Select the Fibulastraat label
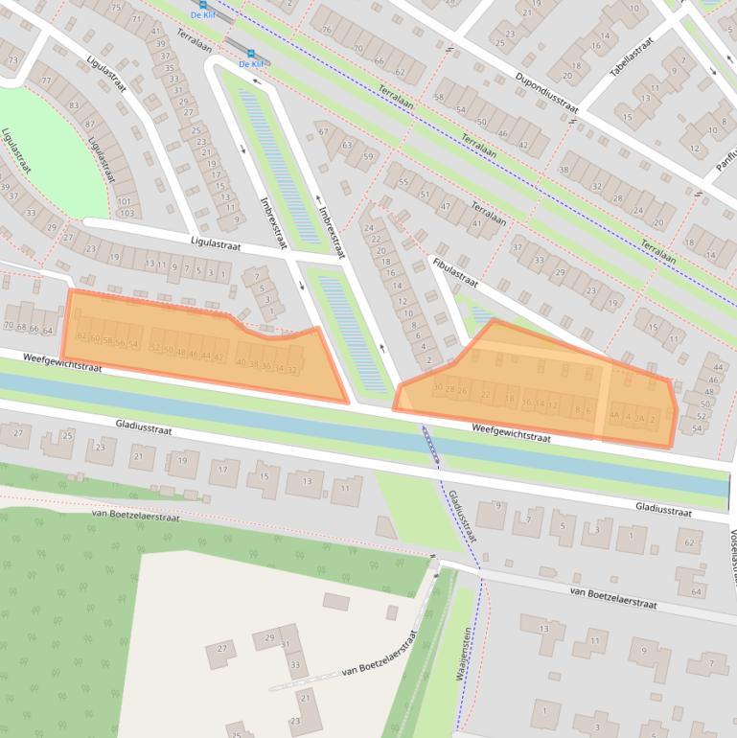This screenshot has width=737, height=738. tap(454, 269)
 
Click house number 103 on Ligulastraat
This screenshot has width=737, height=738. tap(127, 213)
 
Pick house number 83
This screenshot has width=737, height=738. tap(74, 104)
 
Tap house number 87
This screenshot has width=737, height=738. tap(89, 125)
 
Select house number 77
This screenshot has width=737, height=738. tap(45, 81)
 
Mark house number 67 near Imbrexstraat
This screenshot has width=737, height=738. tap(323, 131)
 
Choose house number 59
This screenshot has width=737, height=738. tap(367, 157)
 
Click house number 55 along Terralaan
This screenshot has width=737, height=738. tap(403, 182)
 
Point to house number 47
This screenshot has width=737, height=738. tap(445, 206)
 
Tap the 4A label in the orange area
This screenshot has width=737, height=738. tap(613, 415)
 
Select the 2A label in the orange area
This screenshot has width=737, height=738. tap(639, 418)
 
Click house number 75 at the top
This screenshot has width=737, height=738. tap(116, 8)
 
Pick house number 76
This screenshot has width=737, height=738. tap(327, 30)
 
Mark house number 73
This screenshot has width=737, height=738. tap(12, 60)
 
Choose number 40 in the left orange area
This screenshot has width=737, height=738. tap(241, 363)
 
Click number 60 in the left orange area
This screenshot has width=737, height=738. tap(95, 339)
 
